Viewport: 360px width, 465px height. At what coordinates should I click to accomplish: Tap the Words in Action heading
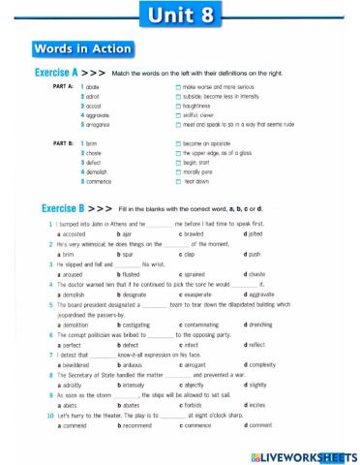[83, 48]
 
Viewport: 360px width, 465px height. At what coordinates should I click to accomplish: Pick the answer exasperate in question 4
[200, 294]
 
